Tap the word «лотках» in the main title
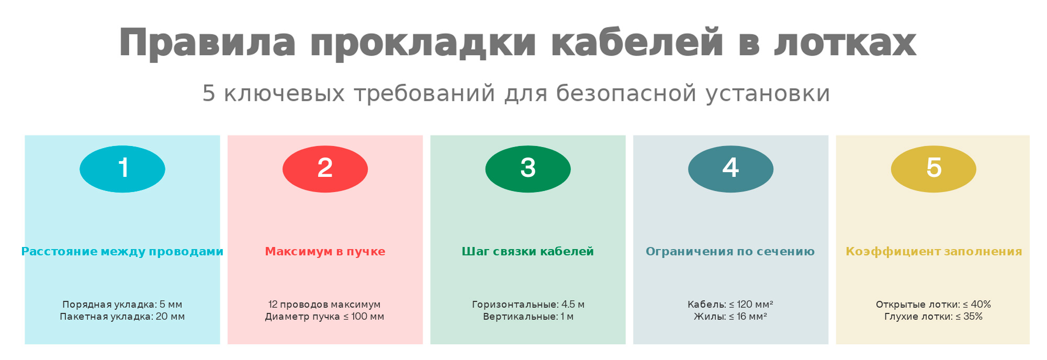845,43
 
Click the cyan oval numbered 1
122,169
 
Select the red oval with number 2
325,169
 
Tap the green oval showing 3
528,169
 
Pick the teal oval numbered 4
730,169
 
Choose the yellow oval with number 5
933,169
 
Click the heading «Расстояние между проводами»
122,252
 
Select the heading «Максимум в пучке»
325,252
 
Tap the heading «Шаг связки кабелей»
528,252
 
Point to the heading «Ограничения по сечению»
730,252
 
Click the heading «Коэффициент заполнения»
934,252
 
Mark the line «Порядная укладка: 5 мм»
122,305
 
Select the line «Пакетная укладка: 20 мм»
122,317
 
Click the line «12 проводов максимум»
324,305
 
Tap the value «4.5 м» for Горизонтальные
573,305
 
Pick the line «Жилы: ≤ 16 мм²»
730,317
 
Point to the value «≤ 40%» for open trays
977,305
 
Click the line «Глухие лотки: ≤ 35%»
933,317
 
